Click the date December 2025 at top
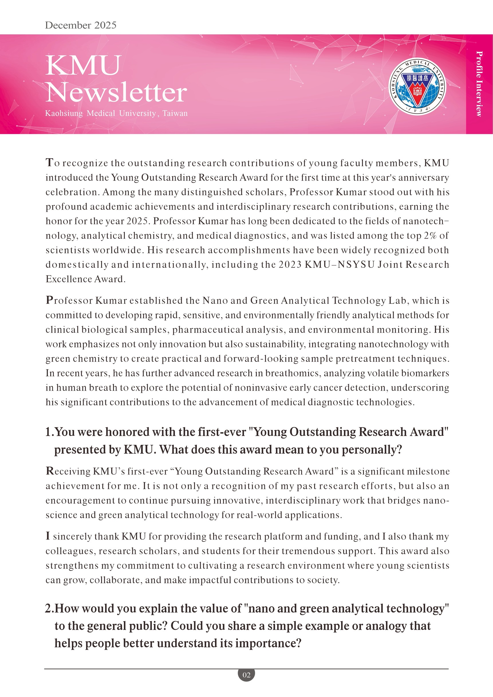coord(80,25)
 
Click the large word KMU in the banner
coord(84,66)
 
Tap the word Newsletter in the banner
coord(116,92)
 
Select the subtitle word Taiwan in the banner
coord(175,113)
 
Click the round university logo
coord(417,87)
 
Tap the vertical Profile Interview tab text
coord(479,84)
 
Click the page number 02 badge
coord(246,675)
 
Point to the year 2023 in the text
coord(290,264)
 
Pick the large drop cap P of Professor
coord(50,300)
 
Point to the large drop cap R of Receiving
coord(50,471)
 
